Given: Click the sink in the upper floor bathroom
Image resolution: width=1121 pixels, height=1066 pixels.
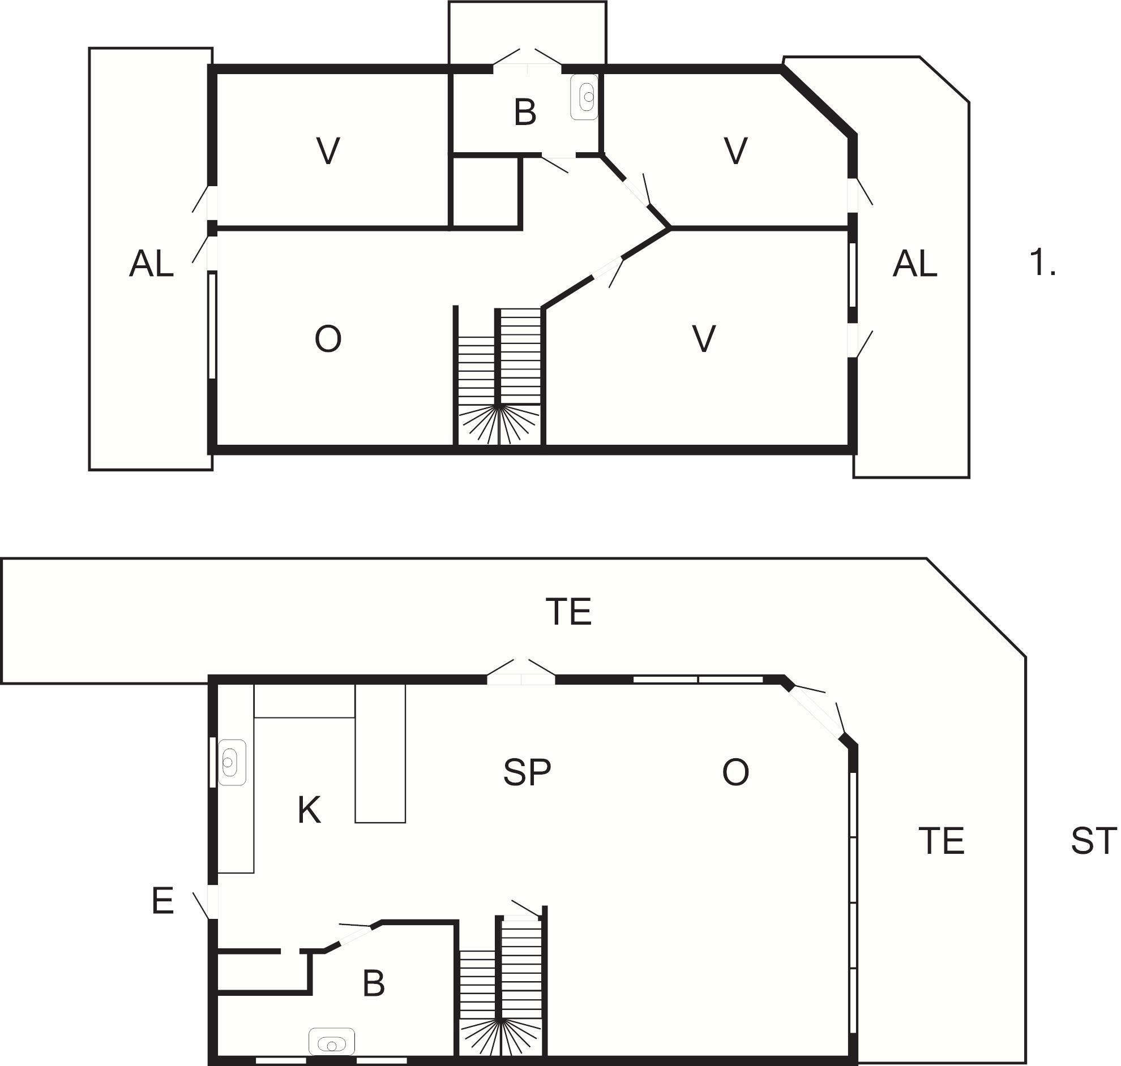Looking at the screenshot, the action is pyautogui.click(x=584, y=97).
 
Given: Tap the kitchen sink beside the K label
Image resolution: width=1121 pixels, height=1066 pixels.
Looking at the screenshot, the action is pyautogui.click(x=232, y=763).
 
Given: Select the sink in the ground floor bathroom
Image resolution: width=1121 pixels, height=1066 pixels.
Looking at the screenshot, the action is pyautogui.click(x=331, y=1042).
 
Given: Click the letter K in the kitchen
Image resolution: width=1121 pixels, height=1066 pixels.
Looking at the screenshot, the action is pyautogui.click(x=309, y=810).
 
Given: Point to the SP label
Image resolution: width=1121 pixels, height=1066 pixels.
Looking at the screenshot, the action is pyautogui.click(x=527, y=772).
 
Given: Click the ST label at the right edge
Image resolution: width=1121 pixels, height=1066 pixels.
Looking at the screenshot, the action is pyautogui.click(x=1094, y=841).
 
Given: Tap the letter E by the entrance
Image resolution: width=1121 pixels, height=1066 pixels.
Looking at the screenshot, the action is pyautogui.click(x=162, y=901).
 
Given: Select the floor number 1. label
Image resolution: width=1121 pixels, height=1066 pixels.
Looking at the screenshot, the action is pyautogui.click(x=1042, y=263).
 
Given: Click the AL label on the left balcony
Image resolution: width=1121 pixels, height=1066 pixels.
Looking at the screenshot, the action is pyautogui.click(x=151, y=264).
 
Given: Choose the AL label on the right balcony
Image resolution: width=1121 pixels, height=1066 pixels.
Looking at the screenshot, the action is pyautogui.click(x=915, y=264).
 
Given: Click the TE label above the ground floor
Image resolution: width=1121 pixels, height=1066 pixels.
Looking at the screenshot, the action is pyautogui.click(x=568, y=612).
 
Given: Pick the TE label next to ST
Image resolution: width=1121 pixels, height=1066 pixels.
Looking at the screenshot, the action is pyautogui.click(x=942, y=841).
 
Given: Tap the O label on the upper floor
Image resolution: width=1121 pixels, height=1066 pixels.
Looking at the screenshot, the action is pyautogui.click(x=328, y=339).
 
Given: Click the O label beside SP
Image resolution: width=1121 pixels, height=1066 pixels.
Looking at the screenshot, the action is pyautogui.click(x=735, y=772).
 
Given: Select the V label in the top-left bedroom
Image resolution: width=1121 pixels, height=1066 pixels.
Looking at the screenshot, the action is pyautogui.click(x=328, y=151).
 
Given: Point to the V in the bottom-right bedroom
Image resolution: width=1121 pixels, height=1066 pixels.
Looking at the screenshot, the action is pyautogui.click(x=704, y=339).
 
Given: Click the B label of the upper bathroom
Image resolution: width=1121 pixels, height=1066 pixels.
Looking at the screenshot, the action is pyautogui.click(x=525, y=113).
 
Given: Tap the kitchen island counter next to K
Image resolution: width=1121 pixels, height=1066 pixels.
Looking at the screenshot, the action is pyautogui.click(x=380, y=753).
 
